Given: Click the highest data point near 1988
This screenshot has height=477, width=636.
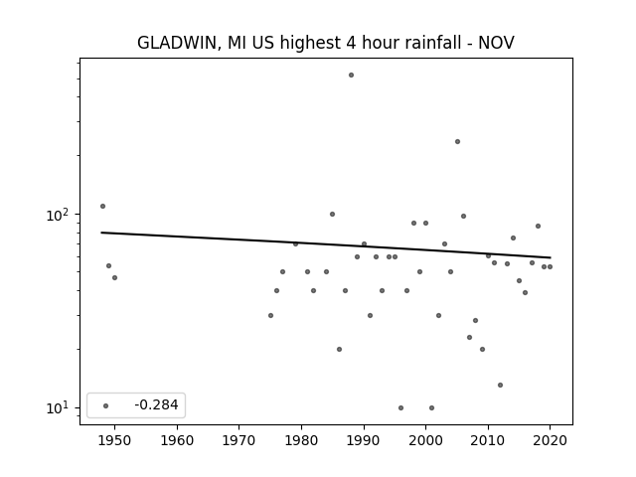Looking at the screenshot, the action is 351,76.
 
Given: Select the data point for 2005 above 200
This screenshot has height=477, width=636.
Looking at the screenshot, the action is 457,141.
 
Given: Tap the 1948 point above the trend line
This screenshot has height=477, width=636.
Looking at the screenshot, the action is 102,206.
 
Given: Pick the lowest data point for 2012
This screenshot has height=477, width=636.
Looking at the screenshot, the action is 500,385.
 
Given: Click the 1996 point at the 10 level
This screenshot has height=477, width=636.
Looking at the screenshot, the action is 400,407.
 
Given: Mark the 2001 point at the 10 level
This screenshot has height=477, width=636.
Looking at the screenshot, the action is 431,407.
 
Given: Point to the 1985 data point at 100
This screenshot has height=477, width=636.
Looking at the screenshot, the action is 332,215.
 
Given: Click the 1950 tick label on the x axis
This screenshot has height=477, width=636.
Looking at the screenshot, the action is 115,440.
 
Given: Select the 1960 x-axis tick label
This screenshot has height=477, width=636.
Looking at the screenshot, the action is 177,440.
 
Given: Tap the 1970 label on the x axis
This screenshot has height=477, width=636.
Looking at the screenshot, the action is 239,440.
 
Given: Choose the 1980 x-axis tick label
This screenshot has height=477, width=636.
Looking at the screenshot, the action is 301,440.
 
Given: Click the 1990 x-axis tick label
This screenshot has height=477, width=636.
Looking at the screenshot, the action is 364,440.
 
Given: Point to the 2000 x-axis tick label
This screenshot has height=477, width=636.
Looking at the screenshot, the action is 426,440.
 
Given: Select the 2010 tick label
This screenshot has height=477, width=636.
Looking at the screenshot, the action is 488,440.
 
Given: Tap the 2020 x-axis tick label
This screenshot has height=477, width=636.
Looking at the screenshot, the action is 550,440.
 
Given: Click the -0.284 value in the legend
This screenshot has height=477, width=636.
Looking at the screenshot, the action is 156,404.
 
